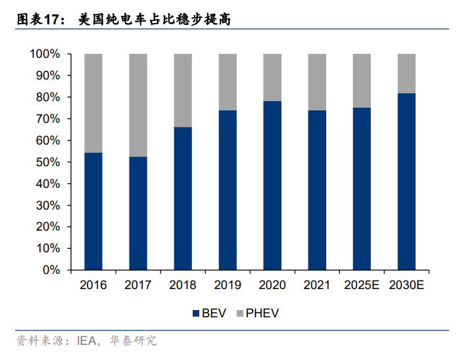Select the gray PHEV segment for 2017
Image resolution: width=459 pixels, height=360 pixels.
pyautogui.click(x=138, y=105)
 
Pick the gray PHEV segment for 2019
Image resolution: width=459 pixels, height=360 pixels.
pyautogui.click(x=228, y=82)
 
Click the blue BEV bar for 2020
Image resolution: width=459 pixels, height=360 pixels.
pyautogui.click(x=272, y=185)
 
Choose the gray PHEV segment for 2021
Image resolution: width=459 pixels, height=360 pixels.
pyautogui.click(x=317, y=82)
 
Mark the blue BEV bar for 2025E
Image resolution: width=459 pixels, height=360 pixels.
pyautogui.click(x=362, y=189)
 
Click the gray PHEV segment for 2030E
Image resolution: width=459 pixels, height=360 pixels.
pyautogui.click(x=406, y=73)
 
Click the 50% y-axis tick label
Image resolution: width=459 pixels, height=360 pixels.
pyautogui.click(x=48, y=162)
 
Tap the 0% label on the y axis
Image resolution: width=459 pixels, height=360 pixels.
pyautogui.click(x=51, y=270)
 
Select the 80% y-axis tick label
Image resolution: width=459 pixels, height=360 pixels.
pyautogui.click(x=48, y=97)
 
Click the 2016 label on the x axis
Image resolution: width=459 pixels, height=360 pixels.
pyautogui.click(x=93, y=285)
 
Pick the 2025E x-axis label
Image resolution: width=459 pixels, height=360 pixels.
pyautogui.click(x=362, y=285)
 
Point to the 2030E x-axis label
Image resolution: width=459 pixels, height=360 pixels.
pyautogui.click(x=406, y=285)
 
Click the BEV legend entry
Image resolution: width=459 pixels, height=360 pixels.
pyautogui.click(x=208, y=313)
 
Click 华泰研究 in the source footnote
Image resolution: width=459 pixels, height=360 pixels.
pyautogui.click(x=135, y=341)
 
